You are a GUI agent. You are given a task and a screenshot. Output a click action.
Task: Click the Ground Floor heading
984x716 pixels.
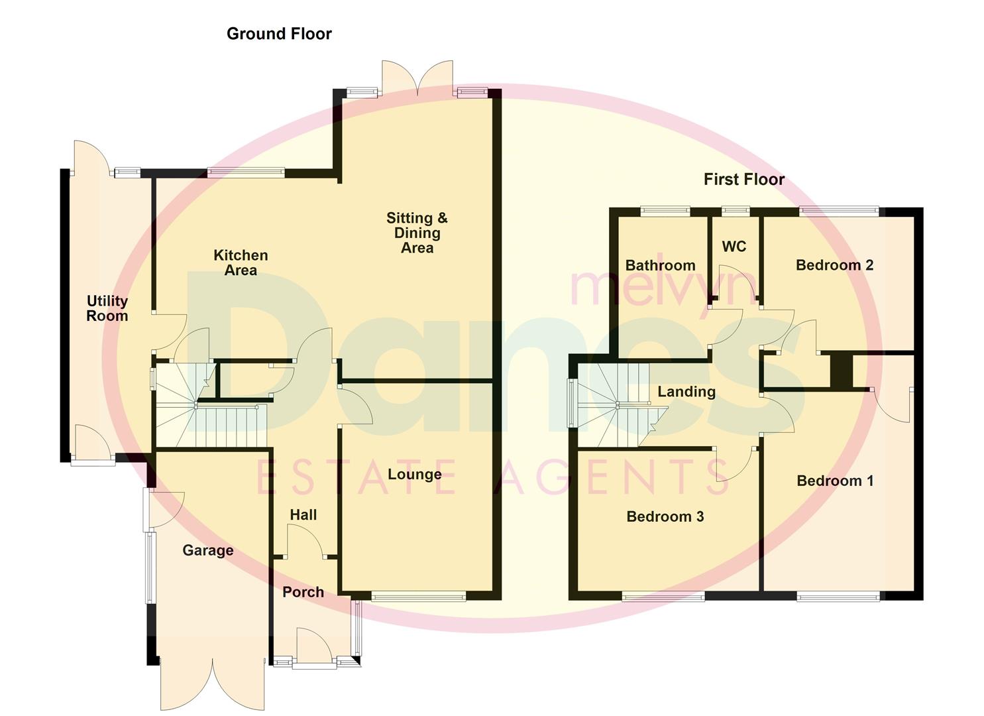click(279, 34)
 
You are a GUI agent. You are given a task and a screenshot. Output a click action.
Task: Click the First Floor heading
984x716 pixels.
click(743, 179)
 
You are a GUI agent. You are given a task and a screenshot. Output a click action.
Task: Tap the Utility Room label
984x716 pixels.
click(107, 308)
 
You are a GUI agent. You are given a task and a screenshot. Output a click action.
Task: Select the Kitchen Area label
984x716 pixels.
click(241, 263)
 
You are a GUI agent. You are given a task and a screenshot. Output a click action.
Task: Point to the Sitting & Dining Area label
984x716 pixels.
click(417, 233)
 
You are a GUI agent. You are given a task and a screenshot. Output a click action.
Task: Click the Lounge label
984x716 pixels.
click(414, 474)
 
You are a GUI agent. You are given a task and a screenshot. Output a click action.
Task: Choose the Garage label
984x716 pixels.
click(208, 550)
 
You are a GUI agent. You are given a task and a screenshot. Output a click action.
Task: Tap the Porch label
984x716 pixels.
click(303, 592)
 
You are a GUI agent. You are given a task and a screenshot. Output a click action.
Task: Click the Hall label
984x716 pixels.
click(303, 514)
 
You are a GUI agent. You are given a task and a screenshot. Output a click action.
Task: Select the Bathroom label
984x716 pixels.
click(660, 265)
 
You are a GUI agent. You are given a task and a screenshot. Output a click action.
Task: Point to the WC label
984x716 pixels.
click(734, 247)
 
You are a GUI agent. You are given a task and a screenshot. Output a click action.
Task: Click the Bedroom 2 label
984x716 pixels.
click(834, 265)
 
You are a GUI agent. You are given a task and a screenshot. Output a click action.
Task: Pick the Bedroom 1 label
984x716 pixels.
click(834, 481)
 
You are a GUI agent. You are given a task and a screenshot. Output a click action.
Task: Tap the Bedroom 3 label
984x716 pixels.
click(665, 516)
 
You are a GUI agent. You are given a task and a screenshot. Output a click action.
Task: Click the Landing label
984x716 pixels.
click(686, 392)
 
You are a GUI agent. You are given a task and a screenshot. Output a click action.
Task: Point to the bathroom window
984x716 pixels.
click(665, 211)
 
